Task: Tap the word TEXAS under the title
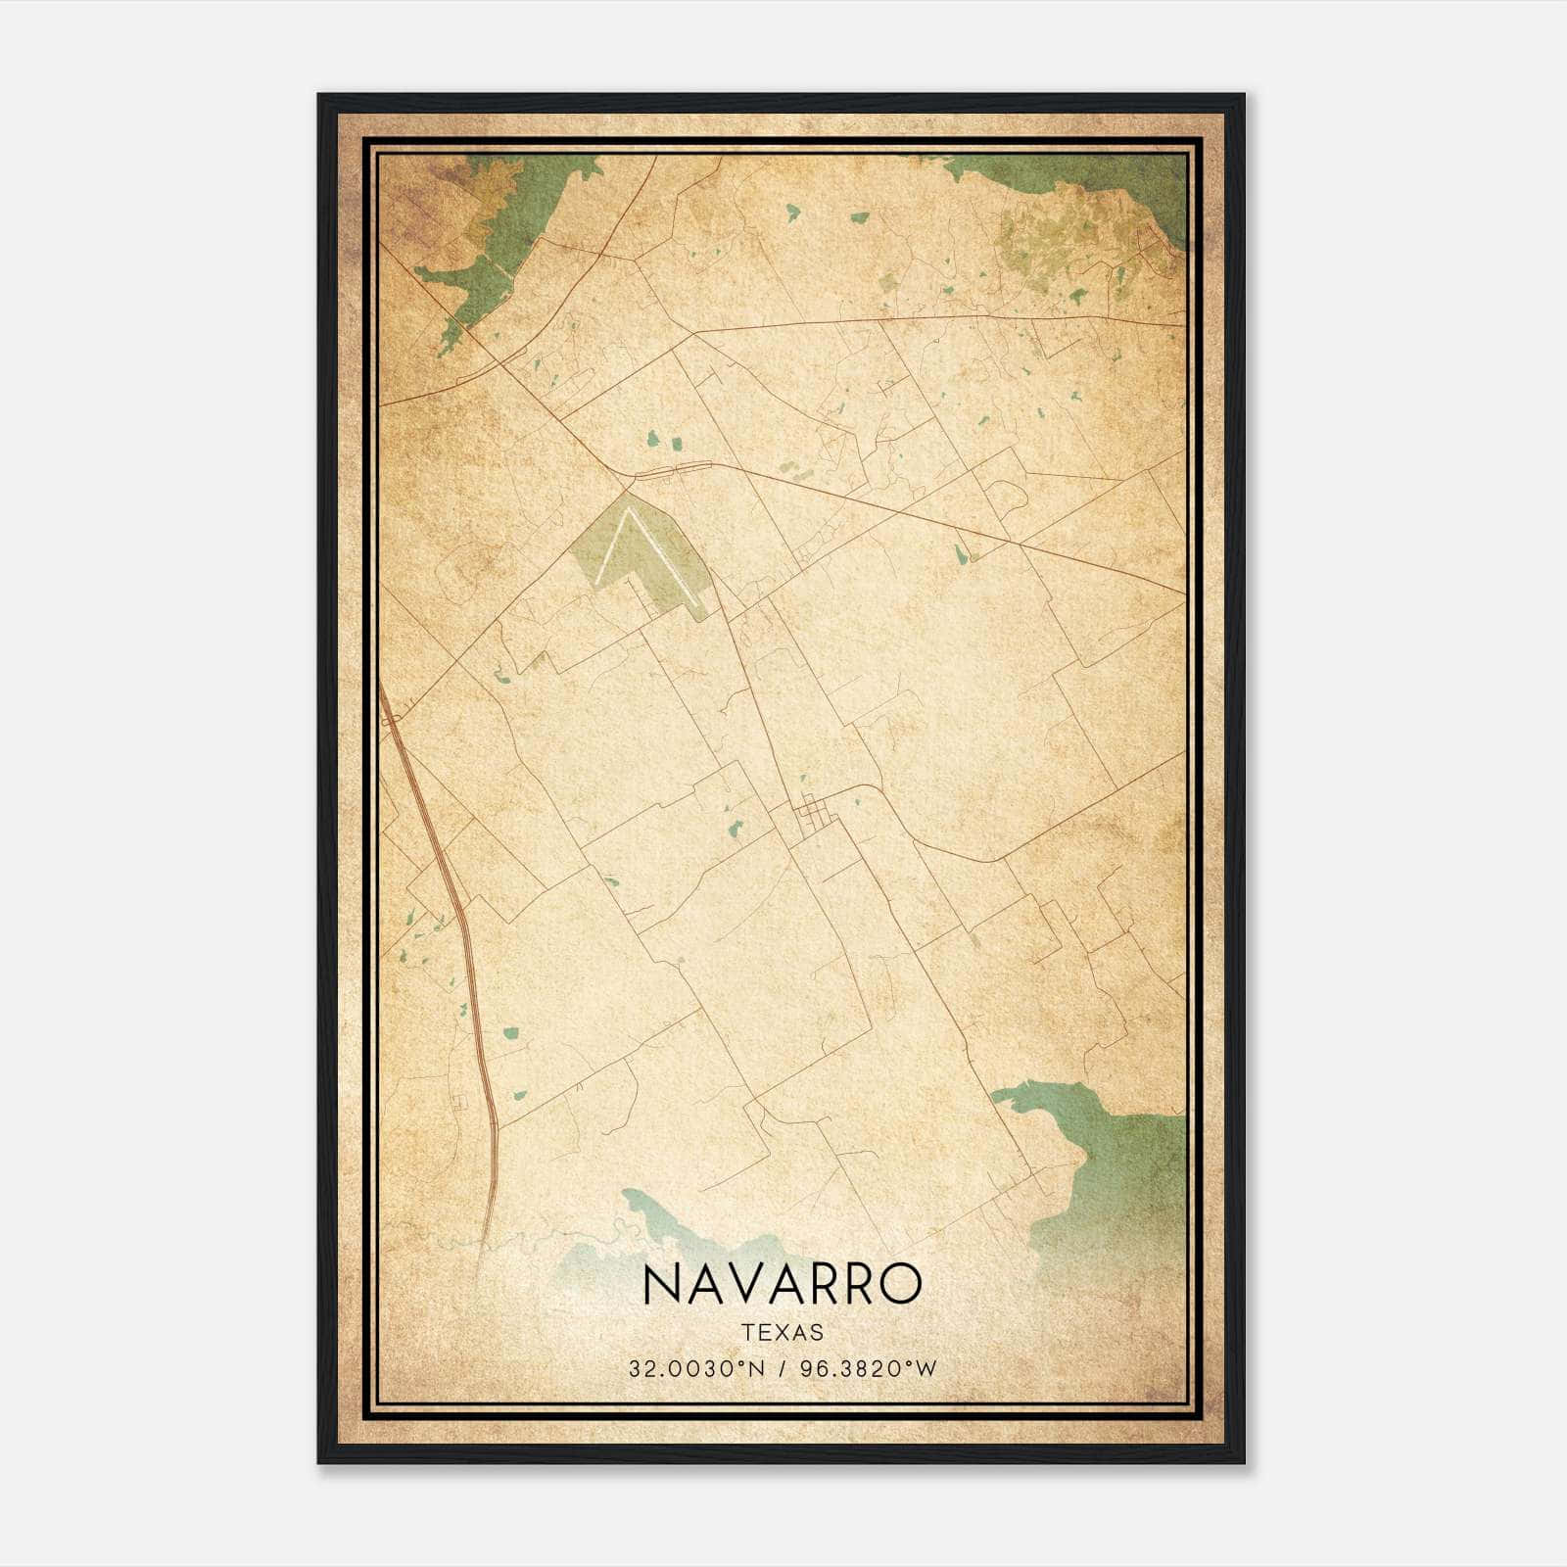(783, 1333)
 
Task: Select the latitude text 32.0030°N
(695, 1368)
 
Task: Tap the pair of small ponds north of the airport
(662, 442)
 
